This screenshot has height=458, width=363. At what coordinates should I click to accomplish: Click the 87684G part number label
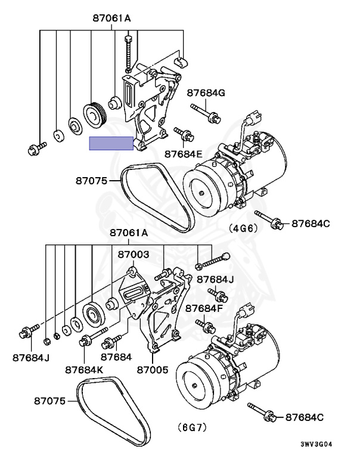point(206,92)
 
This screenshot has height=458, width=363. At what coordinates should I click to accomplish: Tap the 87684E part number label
point(184,154)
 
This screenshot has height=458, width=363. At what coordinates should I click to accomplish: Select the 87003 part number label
point(133,254)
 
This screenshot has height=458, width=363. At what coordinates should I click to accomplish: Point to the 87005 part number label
point(153,369)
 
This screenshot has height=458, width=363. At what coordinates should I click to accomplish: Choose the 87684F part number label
point(204,308)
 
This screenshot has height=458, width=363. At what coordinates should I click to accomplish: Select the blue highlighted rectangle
point(111,143)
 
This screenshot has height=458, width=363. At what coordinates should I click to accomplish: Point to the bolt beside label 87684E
point(181,133)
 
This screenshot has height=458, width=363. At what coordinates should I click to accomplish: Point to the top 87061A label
point(111,18)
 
